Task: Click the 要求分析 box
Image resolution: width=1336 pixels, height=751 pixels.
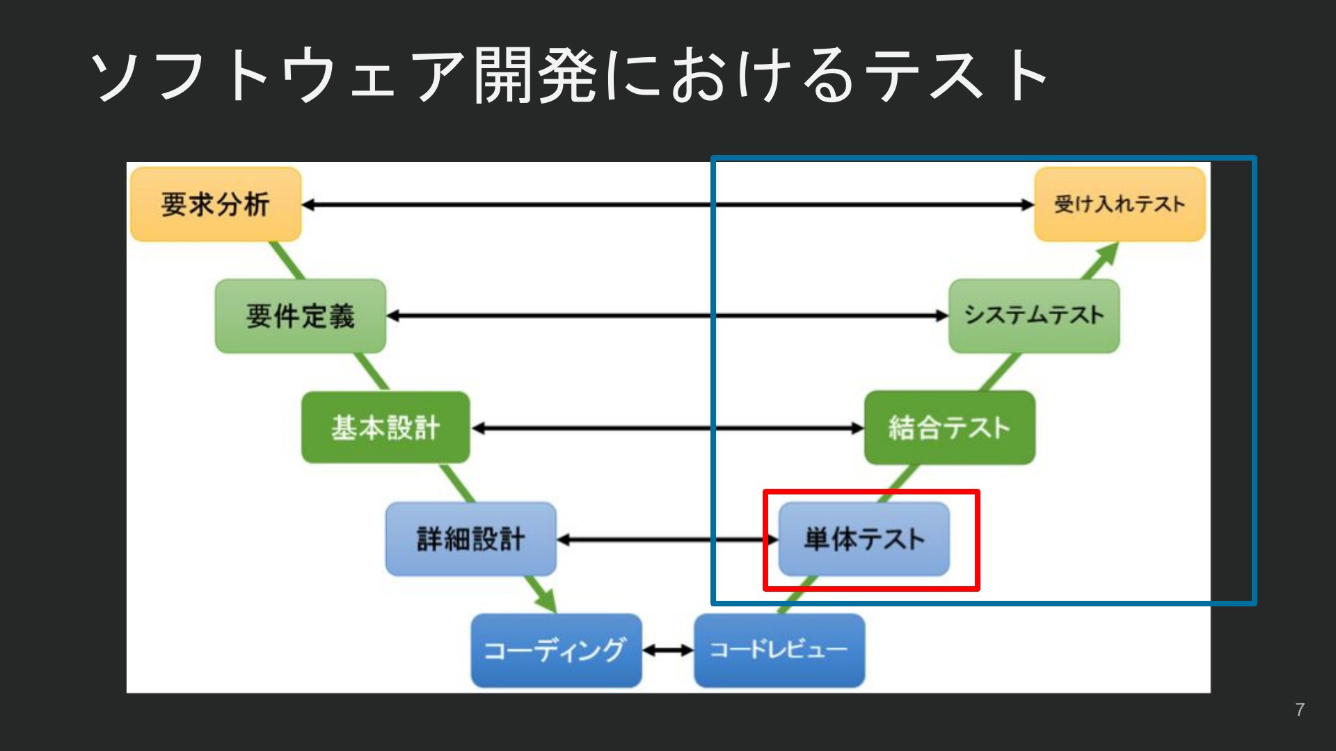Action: click(216, 204)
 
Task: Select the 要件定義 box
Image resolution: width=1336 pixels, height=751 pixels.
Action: click(300, 316)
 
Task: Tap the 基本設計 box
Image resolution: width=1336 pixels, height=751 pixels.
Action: click(385, 428)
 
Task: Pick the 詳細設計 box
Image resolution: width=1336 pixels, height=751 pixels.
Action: click(470, 539)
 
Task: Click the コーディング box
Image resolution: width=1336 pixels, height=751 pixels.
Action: click(556, 650)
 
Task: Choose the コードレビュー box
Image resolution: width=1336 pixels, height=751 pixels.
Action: click(779, 650)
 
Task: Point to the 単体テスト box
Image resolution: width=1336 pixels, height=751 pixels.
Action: click(864, 539)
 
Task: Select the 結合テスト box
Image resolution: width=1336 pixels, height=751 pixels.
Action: click(949, 428)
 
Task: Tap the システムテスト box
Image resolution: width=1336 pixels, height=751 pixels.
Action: click(1034, 316)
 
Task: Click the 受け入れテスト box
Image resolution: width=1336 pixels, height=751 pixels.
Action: click(1120, 204)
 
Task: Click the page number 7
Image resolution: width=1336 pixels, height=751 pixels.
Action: click(1299, 710)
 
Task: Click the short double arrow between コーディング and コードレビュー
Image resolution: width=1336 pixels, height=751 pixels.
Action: click(668, 651)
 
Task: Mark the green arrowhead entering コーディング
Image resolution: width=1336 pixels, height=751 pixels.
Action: click(547, 602)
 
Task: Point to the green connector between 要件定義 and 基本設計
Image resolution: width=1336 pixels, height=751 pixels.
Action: click(372, 372)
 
